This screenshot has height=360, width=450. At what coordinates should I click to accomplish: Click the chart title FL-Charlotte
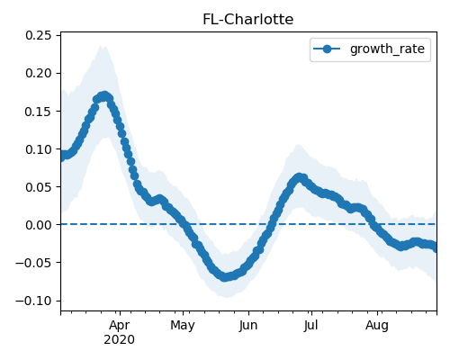pyautogui.click(x=247, y=20)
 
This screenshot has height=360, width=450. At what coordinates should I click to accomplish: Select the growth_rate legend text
pyautogui.click(x=387, y=49)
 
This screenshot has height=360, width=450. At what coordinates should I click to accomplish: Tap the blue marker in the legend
pyautogui.click(x=327, y=49)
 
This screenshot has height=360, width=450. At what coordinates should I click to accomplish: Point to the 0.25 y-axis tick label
pyautogui.click(x=39, y=35)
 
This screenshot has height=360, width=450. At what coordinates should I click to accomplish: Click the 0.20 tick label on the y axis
pyautogui.click(x=39, y=73)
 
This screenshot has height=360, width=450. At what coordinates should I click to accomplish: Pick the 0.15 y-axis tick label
pyautogui.click(x=39, y=112)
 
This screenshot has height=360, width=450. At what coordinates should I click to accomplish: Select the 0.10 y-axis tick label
pyautogui.click(x=39, y=149)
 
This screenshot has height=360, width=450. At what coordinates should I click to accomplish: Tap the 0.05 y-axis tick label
pyautogui.click(x=39, y=187)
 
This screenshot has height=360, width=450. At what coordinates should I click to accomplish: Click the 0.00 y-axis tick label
pyautogui.click(x=39, y=225)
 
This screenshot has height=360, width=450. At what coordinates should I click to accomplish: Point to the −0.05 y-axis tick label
pyautogui.click(x=33, y=263)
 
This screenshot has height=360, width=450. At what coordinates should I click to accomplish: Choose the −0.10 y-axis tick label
pyautogui.click(x=33, y=301)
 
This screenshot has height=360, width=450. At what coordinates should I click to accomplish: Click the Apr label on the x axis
pyautogui.click(x=120, y=326)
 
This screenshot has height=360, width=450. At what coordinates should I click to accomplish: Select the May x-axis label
pyautogui.click(x=183, y=326)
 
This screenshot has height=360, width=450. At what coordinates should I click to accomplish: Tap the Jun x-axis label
pyautogui.click(x=248, y=326)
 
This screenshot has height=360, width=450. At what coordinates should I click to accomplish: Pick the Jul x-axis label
pyautogui.click(x=310, y=326)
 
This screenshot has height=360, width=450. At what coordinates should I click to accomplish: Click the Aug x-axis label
pyautogui.click(x=377, y=326)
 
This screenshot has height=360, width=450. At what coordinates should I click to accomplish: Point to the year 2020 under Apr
pyautogui.click(x=120, y=340)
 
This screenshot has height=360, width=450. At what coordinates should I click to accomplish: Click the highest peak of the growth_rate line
pyautogui.click(x=104, y=96)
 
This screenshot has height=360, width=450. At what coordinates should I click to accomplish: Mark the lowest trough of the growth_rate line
pyautogui.click(x=225, y=277)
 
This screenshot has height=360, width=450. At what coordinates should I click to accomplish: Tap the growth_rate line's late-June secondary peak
pyautogui.click(x=299, y=177)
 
